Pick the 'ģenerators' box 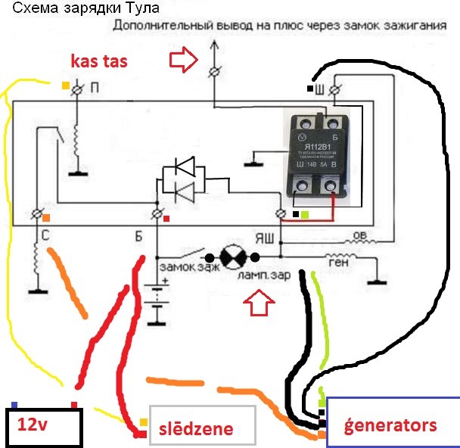pyautogui.click(x=392, y=425)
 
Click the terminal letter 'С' pyautogui.click(x=46, y=235)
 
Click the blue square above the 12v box pyautogui.click(x=15, y=403)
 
